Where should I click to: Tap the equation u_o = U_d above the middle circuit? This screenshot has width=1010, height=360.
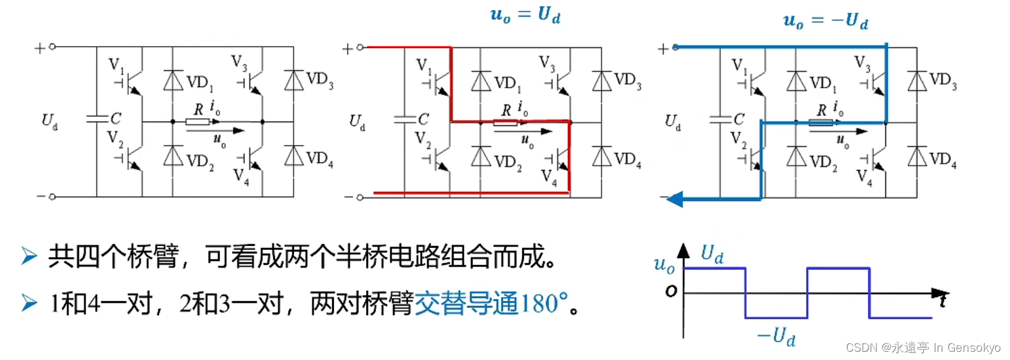click(525, 15)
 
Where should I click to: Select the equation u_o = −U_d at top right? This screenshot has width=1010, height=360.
click(825, 21)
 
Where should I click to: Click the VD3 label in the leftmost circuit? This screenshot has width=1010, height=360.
click(319, 80)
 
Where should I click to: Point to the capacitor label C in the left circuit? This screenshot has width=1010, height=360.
click(115, 119)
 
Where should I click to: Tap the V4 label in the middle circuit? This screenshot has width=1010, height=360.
click(549, 177)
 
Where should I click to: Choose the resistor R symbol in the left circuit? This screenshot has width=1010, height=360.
click(198, 121)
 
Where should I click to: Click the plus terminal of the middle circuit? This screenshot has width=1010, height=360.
click(347, 48)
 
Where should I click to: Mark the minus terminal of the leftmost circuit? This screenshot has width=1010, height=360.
click(42, 196)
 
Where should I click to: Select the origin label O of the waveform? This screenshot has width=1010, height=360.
click(671, 291)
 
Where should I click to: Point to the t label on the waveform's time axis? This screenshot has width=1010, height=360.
click(943, 300)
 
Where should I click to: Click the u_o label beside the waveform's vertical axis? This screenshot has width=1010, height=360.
click(664, 264)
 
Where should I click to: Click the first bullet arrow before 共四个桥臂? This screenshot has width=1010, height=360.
click(29, 256)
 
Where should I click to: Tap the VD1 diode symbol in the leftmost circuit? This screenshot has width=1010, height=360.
click(173, 80)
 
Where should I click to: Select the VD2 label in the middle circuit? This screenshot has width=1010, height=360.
click(508, 162)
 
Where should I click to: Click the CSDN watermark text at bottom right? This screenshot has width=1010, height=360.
click(923, 347)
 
